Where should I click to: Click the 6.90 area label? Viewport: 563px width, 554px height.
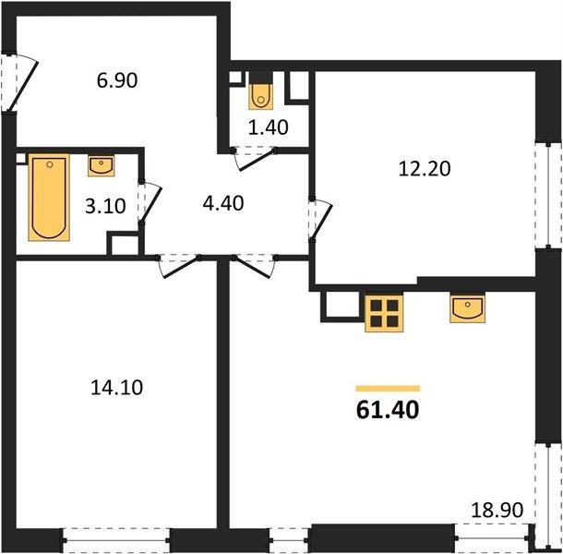pos(116,80)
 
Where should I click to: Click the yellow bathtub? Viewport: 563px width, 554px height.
pos(49,199)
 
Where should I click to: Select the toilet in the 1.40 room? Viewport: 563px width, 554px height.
pos(261,93)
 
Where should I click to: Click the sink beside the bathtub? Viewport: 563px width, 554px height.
pos(102,166)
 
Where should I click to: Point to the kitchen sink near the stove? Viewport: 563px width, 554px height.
pos(469,308)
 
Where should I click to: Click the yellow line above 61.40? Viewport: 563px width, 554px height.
pos(388,389)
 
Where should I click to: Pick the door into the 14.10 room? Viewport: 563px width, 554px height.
pos(175,267)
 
